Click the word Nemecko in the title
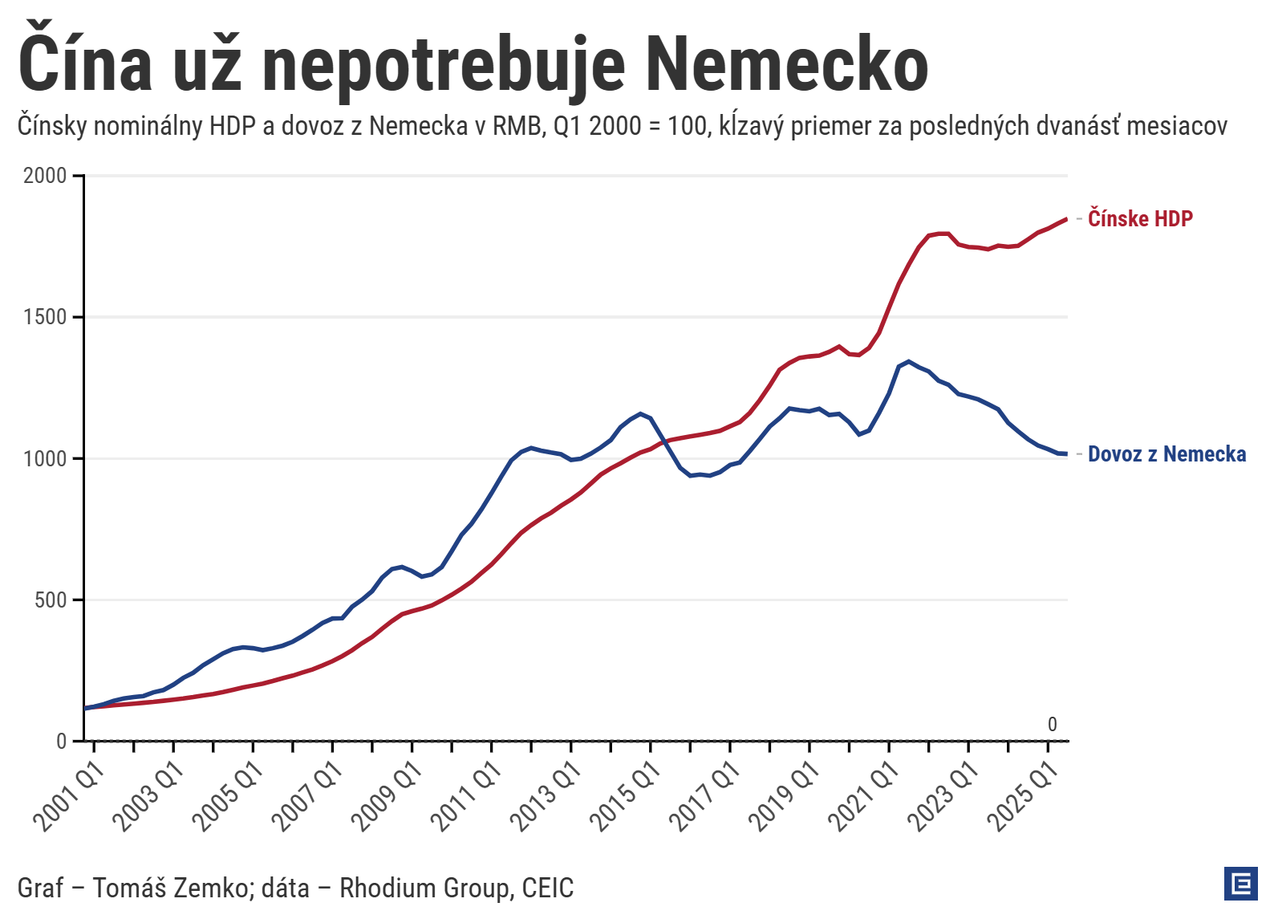786,64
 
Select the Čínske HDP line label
1140,218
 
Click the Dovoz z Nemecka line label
1166,454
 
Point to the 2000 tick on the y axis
45,176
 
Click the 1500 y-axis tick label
45,317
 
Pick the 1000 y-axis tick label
45,458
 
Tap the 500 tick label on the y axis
50,600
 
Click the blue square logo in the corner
1240,884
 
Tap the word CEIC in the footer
547,888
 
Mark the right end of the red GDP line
1065,219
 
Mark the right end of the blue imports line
1065,454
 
